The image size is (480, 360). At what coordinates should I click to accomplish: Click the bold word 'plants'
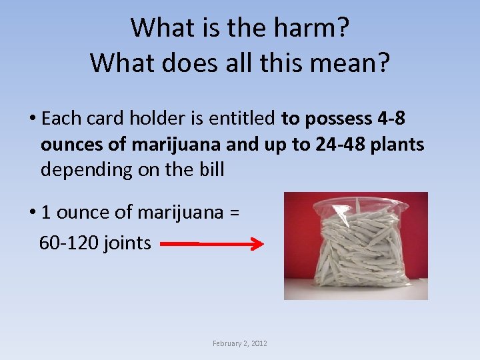click(x=399, y=144)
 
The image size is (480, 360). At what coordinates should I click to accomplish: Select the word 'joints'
click(x=128, y=243)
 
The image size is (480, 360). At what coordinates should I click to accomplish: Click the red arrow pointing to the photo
click(x=213, y=245)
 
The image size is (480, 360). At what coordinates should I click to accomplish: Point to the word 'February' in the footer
click(x=229, y=343)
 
